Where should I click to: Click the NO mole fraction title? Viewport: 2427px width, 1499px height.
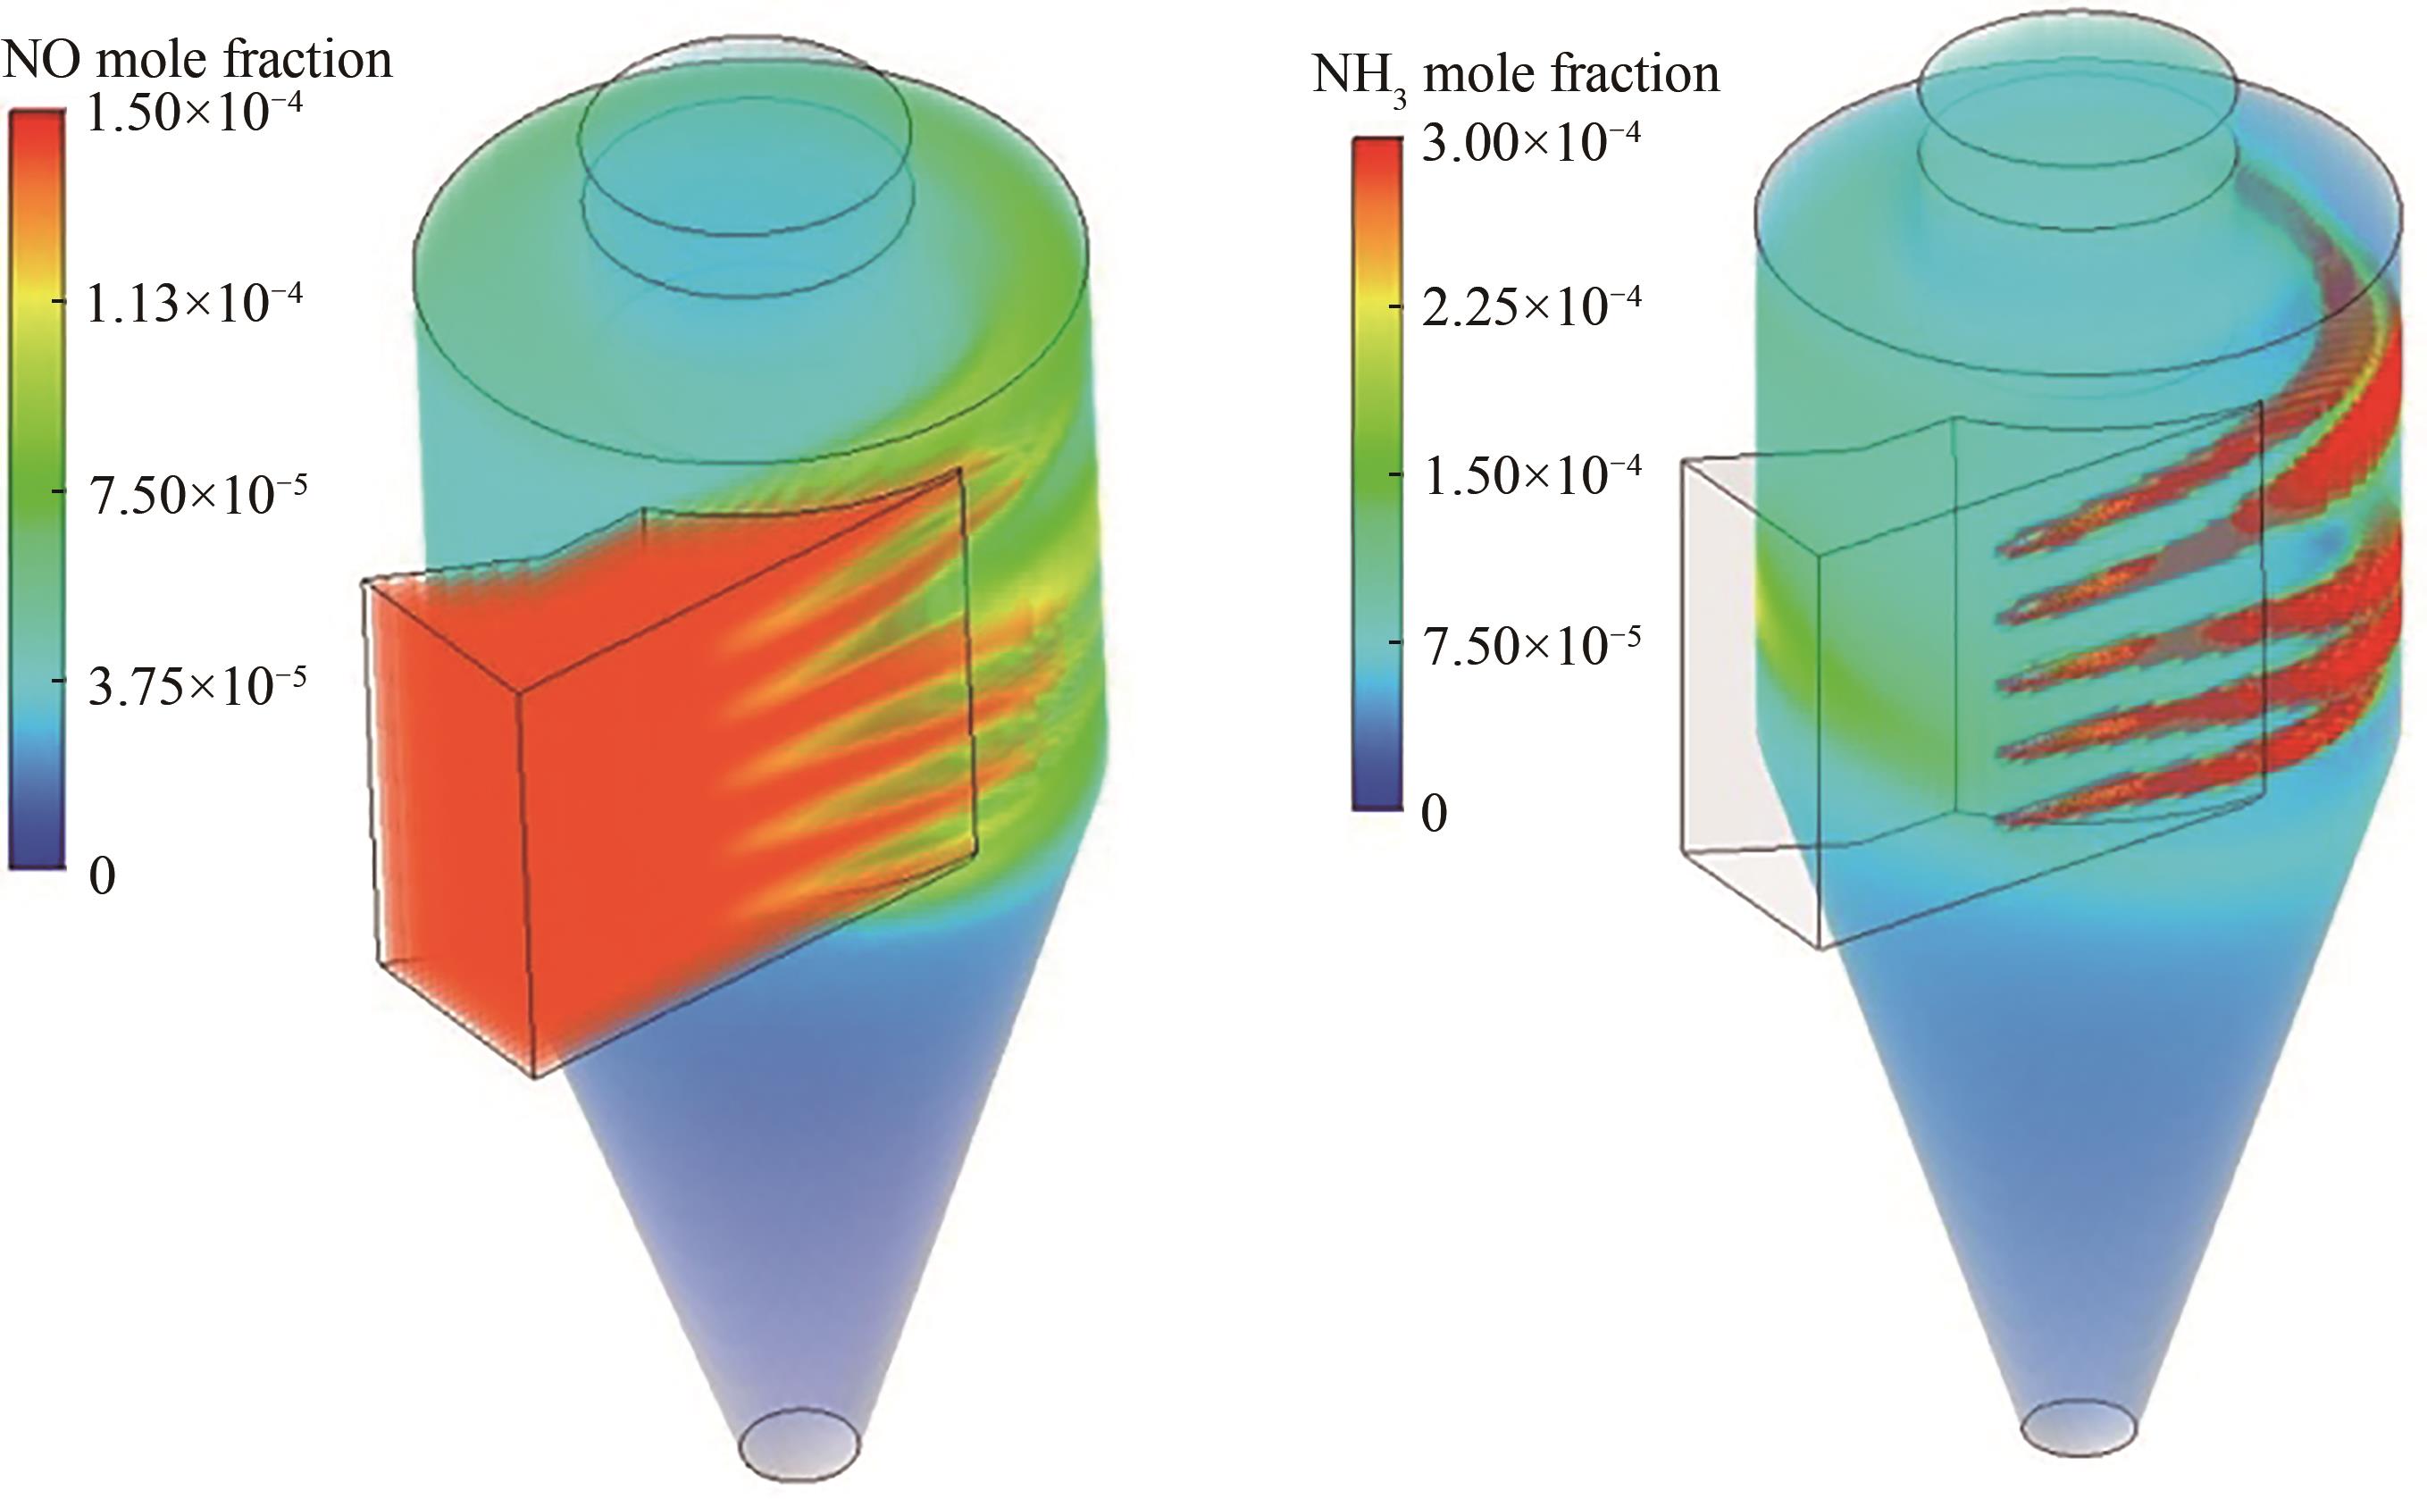click(197, 60)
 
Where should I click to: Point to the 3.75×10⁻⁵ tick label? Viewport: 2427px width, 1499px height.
click(197, 684)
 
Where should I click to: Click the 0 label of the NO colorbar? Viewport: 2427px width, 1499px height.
click(102, 875)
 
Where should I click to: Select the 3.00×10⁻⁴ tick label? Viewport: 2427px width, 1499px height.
click(1531, 143)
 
